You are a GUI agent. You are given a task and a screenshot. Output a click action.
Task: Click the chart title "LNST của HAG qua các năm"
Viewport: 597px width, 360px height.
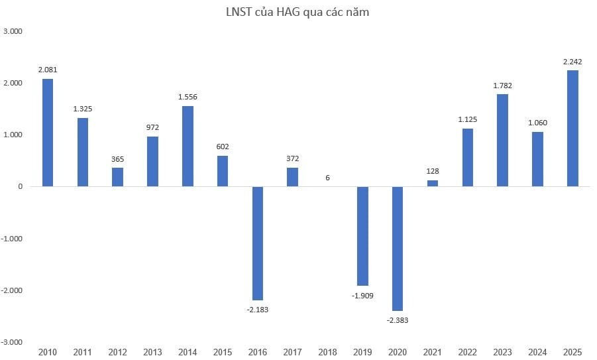point(297,11)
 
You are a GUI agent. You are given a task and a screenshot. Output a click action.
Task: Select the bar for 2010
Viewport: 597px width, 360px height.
point(48,133)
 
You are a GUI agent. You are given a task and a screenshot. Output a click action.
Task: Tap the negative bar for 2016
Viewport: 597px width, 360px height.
point(257,243)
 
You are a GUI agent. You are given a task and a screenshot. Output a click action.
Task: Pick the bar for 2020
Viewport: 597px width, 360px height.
point(398,249)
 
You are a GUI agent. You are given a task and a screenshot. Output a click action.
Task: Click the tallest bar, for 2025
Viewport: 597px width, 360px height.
point(572,128)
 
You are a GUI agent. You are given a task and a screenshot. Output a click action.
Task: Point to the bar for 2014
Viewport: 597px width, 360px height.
point(188,146)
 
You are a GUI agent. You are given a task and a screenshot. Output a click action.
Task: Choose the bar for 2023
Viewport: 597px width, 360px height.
point(502,140)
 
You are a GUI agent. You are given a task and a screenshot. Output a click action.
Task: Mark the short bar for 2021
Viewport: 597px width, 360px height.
point(433,183)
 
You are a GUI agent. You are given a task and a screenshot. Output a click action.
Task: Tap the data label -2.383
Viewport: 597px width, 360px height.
point(398,320)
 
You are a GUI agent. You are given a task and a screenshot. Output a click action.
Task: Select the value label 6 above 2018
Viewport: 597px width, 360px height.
point(327,177)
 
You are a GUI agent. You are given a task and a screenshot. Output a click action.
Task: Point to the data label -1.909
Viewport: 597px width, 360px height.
point(362,295)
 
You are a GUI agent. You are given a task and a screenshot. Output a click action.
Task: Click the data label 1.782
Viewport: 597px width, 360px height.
point(502,85)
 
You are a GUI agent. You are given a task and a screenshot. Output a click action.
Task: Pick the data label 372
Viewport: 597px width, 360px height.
point(292,158)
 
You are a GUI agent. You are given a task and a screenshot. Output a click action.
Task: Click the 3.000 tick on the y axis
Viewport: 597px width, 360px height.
point(13,31)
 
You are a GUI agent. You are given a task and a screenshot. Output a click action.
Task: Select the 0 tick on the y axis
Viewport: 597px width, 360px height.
point(21,187)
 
